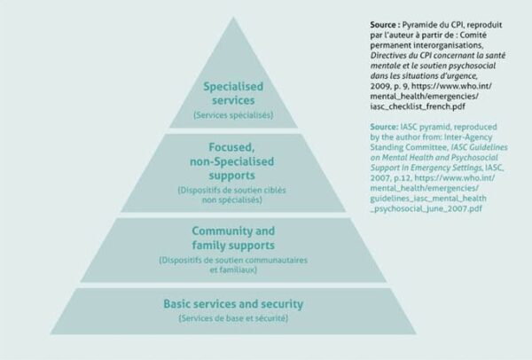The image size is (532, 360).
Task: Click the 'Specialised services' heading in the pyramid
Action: pyautogui.click(x=233, y=93)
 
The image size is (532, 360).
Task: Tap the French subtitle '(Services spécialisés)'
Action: pyautogui.click(x=233, y=115)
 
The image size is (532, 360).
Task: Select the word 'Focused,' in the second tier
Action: pyautogui.click(x=231, y=147)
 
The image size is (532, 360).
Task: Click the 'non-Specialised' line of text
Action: pyautogui.click(x=231, y=161)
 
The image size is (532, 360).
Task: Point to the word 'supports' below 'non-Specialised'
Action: pyautogui.click(x=231, y=176)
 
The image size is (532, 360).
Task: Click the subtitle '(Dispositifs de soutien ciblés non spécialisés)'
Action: pyautogui.click(x=231, y=195)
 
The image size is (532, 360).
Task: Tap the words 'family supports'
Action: pyautogui.click(x=233, y=245)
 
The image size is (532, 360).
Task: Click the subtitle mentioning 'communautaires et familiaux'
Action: pyautogui.click(x=233, y=265)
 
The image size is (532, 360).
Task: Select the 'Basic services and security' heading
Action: pyautogui.click(x=233, y=304)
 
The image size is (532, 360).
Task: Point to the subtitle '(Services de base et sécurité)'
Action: pyautogui.click(x=233, y=318)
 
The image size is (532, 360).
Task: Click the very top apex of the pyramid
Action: pyautogui.click(x=233, y=17)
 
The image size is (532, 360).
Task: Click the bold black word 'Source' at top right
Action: pyautogui.click(x=383, y=25)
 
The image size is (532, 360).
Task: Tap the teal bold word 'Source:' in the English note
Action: pyautogui.click(x=384, y=127)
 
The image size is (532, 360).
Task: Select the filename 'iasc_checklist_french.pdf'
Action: pyautogui.click(x=418, y=106)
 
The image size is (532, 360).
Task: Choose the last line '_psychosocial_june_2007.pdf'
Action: pyautogui.click(x=426, y=208)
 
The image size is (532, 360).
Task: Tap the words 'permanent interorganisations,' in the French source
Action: pyautogui.click(x=426, y=45)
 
